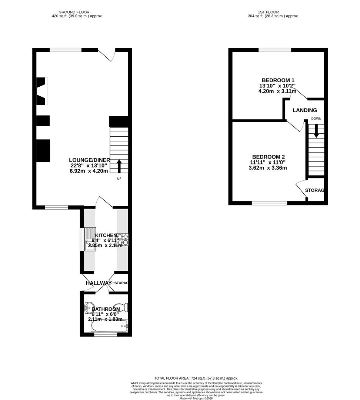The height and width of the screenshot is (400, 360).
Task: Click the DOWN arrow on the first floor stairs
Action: (316, 131)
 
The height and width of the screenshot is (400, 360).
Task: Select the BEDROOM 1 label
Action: (278, 80)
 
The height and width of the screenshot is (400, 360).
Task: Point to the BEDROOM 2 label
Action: (269, 157)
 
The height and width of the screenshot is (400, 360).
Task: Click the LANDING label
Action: (305, 110)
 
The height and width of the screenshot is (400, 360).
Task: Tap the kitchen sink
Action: (89, 239)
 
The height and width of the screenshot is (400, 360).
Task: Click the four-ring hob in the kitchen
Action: (123, 239)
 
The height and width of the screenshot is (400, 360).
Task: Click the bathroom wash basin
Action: (89, 306)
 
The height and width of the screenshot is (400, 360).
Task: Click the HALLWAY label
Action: (98, 283)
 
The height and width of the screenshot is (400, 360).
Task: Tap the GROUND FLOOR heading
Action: (77, 12)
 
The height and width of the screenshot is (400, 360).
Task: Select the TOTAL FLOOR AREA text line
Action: (196, 378)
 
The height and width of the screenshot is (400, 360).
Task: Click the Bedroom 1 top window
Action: (275, 50)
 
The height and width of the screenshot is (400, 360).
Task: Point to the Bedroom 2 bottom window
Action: (269, 203)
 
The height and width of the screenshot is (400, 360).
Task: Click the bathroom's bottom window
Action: (106, 334)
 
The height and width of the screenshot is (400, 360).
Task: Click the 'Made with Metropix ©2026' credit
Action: (196, 398)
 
